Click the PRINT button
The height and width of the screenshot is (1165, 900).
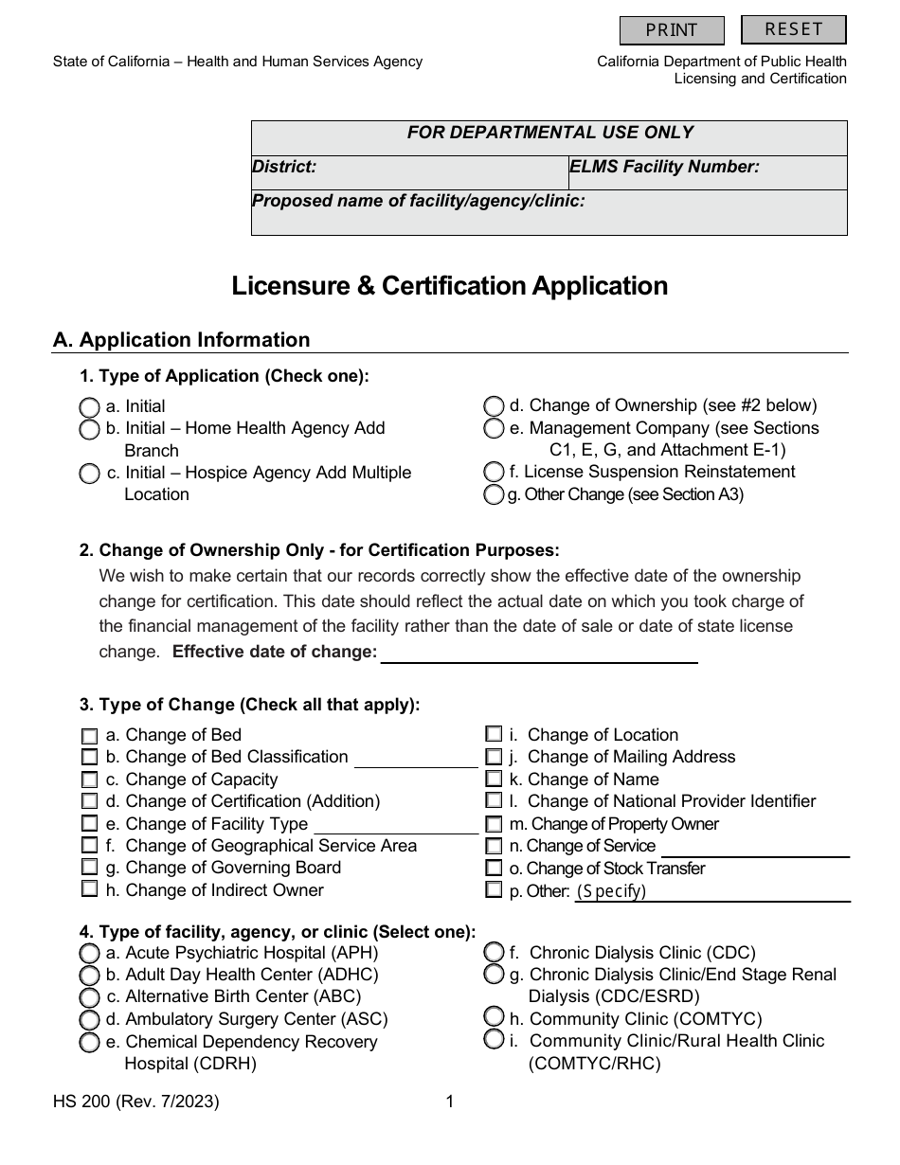click(672, 30)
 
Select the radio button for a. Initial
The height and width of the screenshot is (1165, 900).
click(89, 407)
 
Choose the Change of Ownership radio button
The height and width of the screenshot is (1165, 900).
click(494, 406)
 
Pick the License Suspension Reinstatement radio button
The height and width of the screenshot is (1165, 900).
click(494, 472)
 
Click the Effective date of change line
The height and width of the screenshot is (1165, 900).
click(538, 653)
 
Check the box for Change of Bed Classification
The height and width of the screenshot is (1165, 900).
click(89, 758)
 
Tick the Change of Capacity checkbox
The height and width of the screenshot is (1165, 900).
click(89, 780)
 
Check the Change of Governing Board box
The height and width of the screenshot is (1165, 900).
click(89, 868)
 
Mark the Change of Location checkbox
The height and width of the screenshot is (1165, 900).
click(494, 735)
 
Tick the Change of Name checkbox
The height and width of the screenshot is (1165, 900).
click(494, 780)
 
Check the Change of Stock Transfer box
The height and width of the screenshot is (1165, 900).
click(494, 869)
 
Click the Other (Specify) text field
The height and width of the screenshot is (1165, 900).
click(711, 891)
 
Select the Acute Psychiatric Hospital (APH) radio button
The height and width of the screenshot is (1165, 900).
click(89, 954)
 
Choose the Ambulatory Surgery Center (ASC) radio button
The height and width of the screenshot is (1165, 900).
click(89, 1020)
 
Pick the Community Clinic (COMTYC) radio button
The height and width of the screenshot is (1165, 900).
click(494, 1017)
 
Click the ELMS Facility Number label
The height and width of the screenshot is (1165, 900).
click(664, 168)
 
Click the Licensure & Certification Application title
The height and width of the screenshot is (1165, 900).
click(450, 286)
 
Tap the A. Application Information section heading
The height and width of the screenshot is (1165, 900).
click(181, 340)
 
